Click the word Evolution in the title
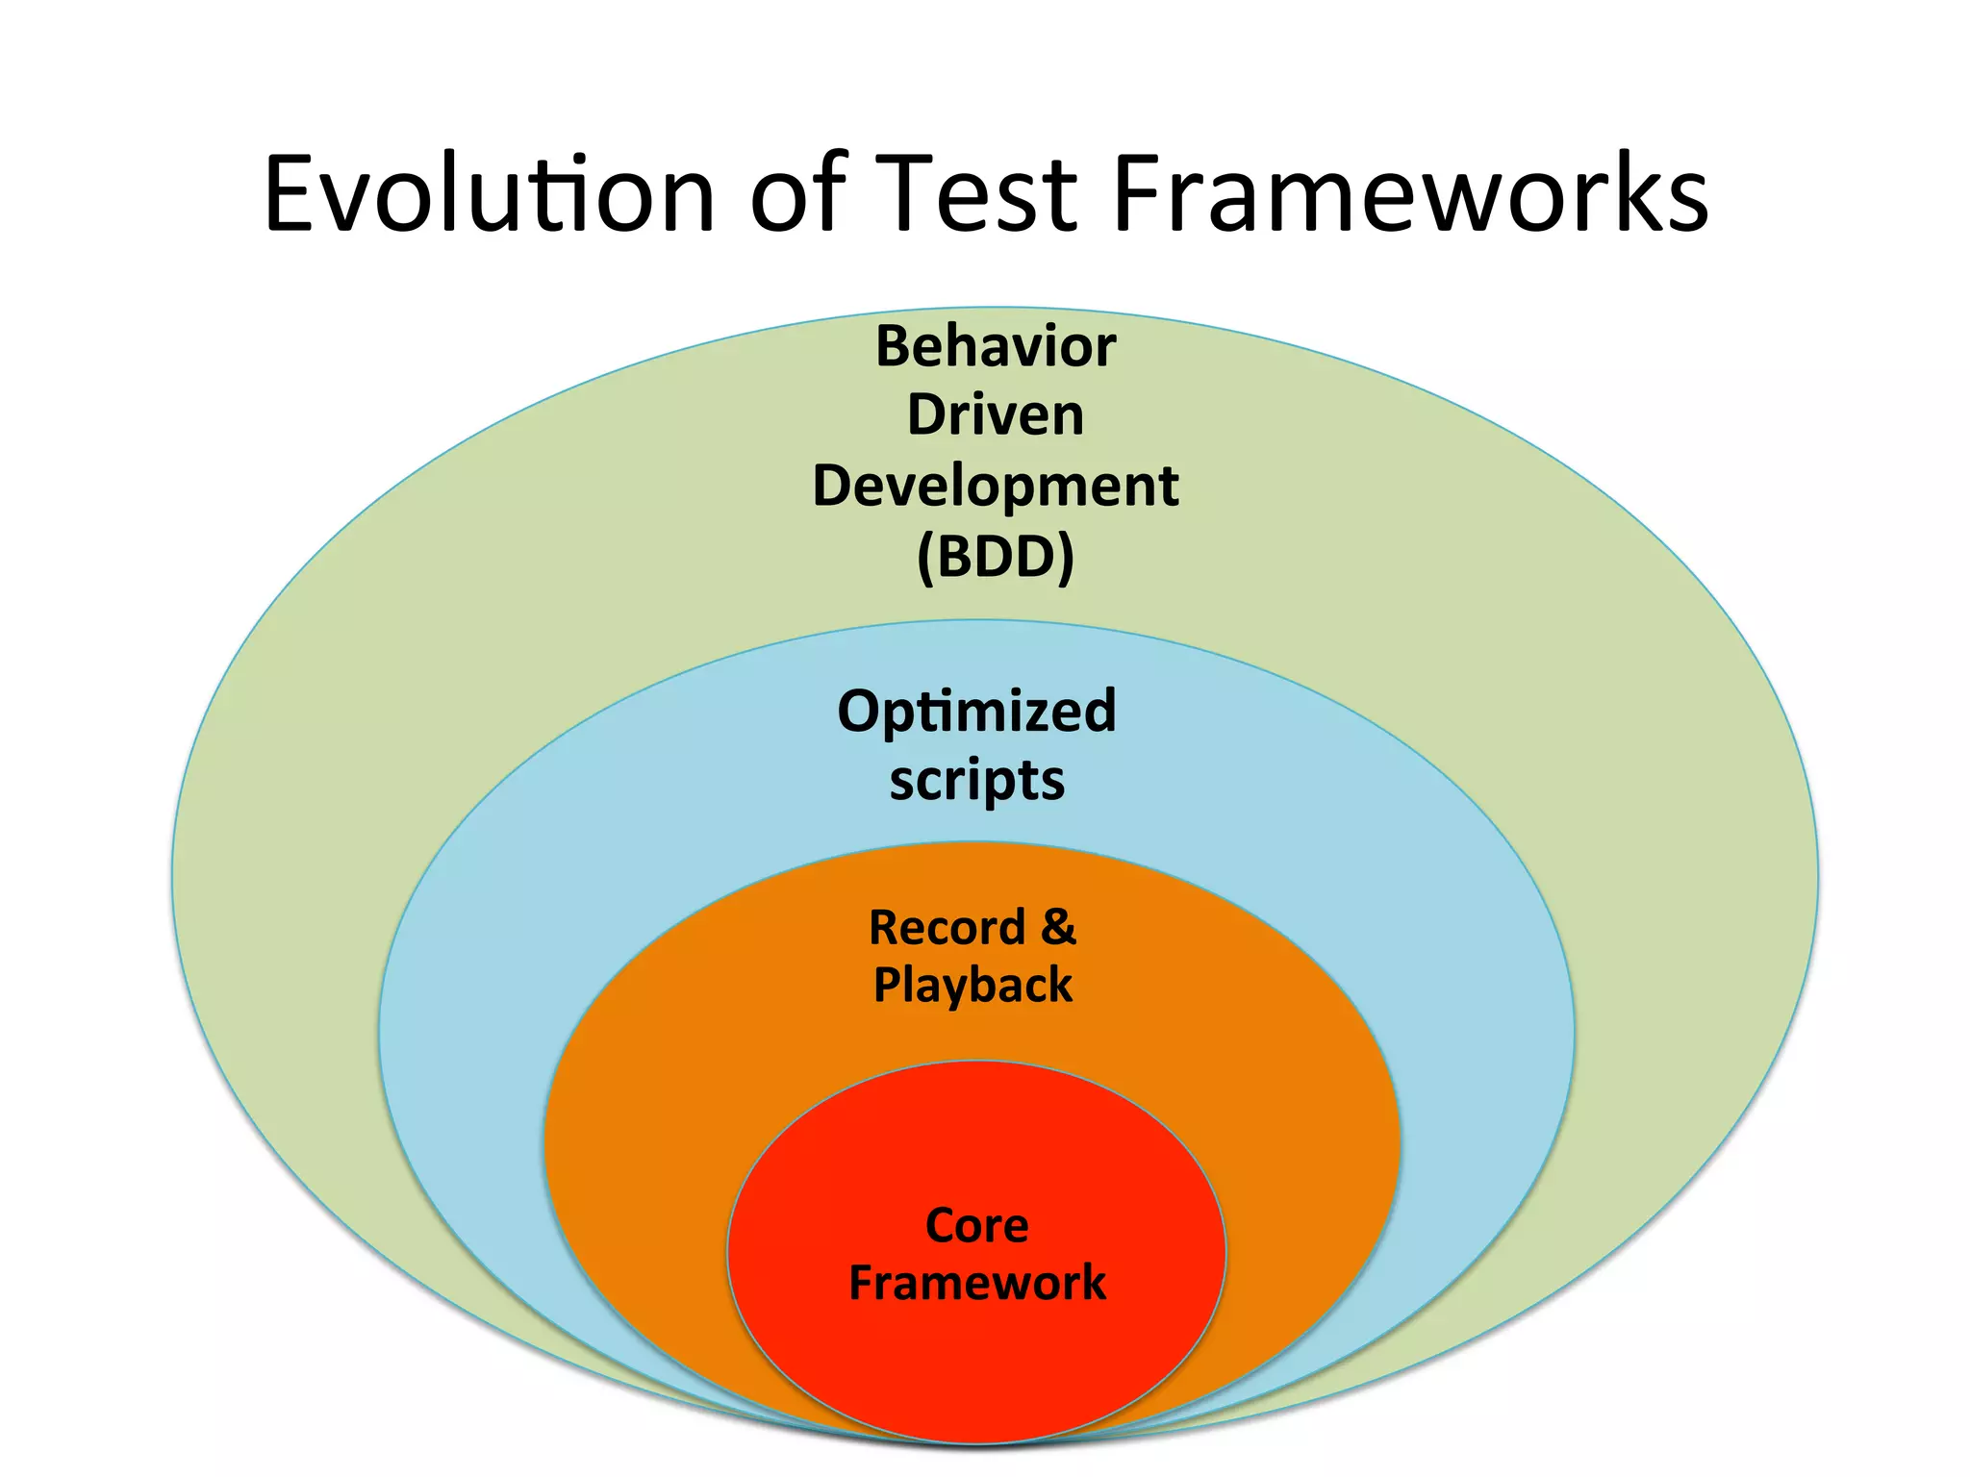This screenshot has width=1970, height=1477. (489, 195)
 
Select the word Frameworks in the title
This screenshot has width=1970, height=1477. (1409, 195)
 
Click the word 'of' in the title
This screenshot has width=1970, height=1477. (797, 195)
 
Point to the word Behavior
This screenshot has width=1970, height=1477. (995, 346)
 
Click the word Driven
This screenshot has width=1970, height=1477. (995, 415)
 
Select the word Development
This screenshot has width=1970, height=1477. (995, 487)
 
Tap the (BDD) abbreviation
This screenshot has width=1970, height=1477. (995, 557)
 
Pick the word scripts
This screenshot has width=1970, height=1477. (976, 781)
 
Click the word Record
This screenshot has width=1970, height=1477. (947, 929)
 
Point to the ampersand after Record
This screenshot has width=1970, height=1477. (1058, 927)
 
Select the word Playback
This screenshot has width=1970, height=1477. (972, 986)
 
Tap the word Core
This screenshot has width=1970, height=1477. (976, 1227)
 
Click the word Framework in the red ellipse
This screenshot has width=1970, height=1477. (976, 1284)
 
